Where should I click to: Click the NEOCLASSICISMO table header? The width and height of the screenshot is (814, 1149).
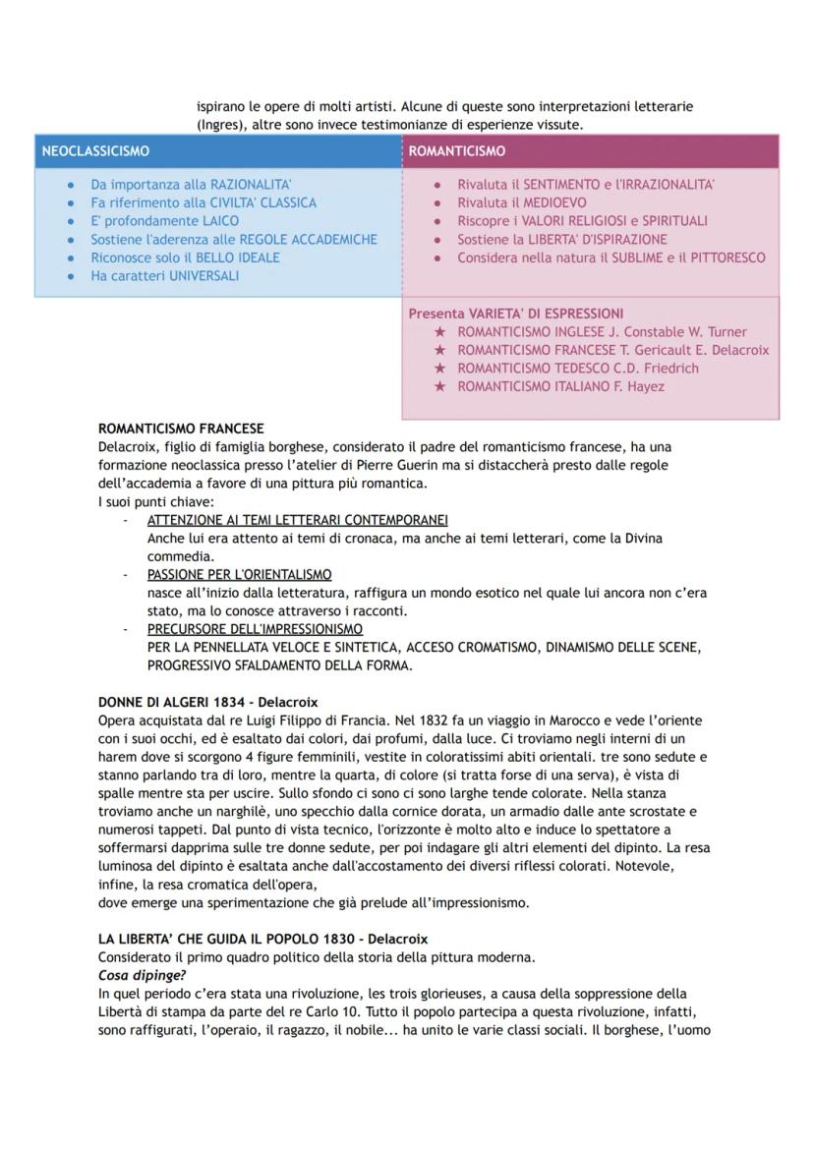[x=95, y=151]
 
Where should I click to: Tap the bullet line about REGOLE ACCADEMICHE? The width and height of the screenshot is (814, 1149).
[x=233, y=239]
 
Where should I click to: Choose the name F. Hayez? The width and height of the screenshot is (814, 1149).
[x=637, y=386]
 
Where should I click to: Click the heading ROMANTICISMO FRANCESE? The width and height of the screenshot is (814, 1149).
[x=181, y=430]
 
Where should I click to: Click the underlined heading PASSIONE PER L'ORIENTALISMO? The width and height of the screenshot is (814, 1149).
[x=239, y=574]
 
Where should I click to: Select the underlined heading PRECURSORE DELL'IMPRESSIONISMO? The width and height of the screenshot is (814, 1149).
[x=255, y=629]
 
